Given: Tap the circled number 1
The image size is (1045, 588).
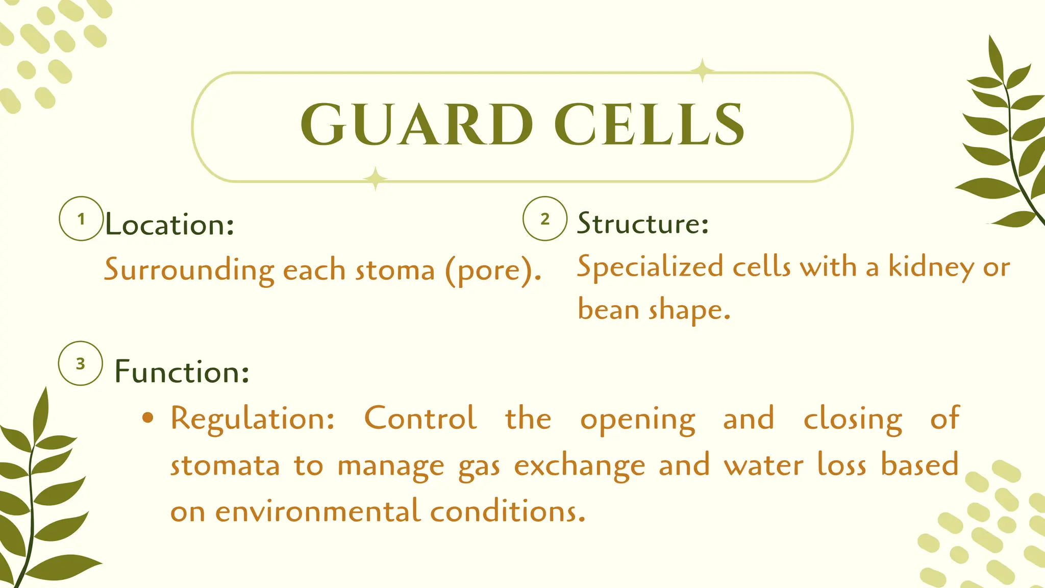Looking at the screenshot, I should pos(81,219).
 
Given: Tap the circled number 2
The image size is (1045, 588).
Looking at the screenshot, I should pos(545,219).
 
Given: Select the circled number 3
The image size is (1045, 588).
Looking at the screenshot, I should pos(81,363).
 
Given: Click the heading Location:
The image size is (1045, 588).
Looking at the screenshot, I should pos(169,225).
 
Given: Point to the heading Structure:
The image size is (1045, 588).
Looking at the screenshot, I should pos(643,224).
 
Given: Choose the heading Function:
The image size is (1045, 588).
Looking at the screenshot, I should pos(182,372).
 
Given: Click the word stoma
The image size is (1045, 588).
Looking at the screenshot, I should pos(394,270).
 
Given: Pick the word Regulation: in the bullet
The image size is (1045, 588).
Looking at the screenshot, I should pos(253,419).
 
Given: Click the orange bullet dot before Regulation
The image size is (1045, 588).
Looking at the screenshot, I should pos(147,418).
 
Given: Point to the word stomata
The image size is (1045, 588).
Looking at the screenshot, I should pos(225,466).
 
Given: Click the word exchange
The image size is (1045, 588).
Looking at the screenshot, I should pos(579,466).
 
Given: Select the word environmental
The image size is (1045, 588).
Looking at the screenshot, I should pos(317,511).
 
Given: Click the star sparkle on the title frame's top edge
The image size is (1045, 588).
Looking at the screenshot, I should pos(702,70).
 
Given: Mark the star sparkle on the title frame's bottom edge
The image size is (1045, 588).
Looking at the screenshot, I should pos(375,179).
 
